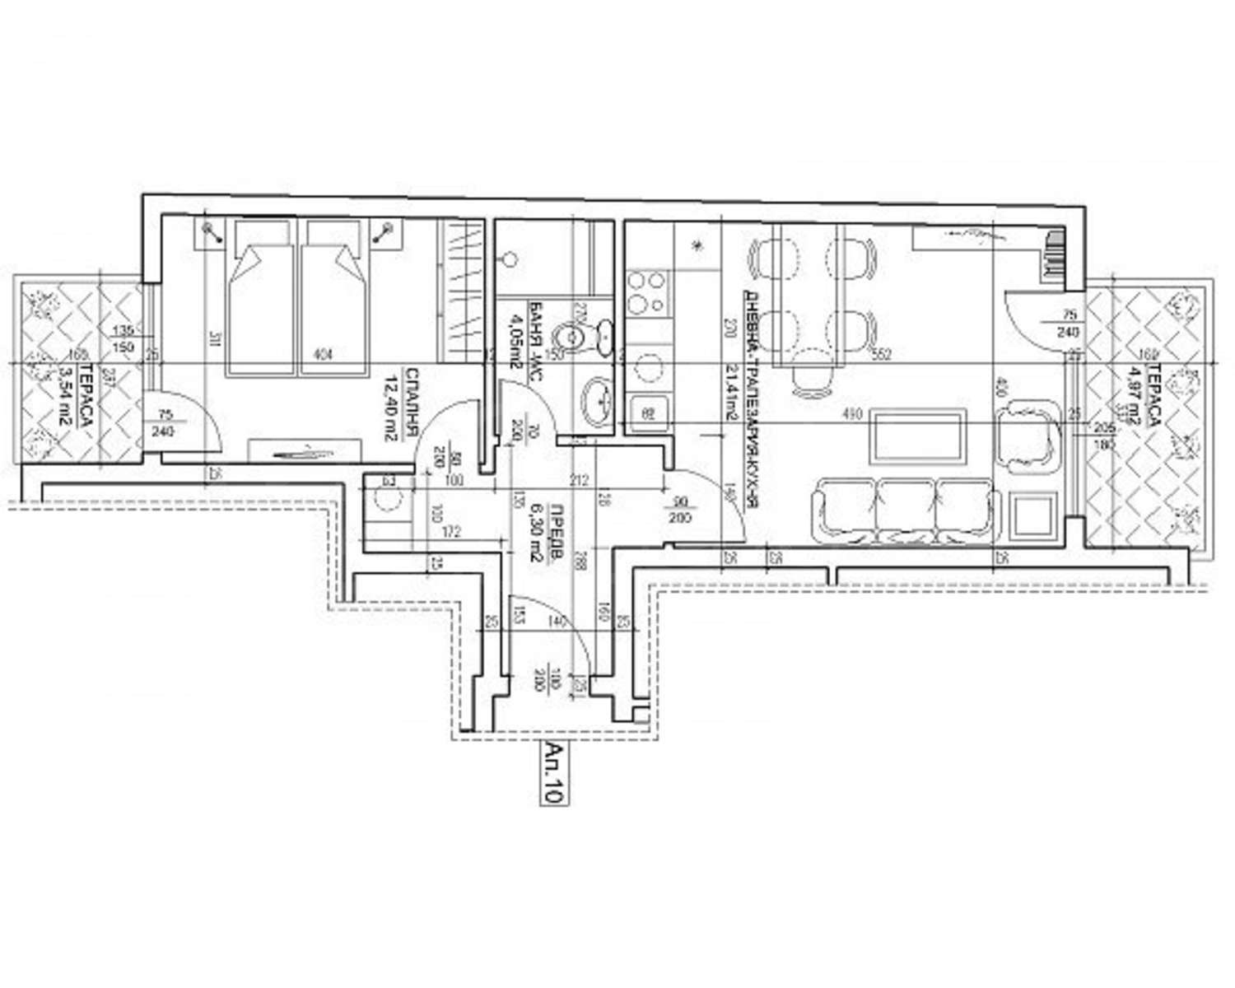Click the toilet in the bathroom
click(567, 338)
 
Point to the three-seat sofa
click(906, 510)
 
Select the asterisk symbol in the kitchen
click(698, 245)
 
